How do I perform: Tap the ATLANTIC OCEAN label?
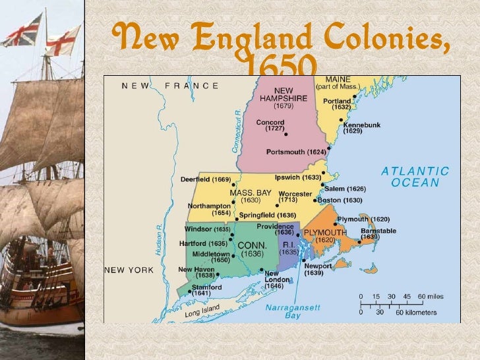tap(415, 177)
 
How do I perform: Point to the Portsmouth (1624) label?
tap(295, 152)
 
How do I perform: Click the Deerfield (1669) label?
tap(206, 179)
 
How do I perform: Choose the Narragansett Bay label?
tap(284, 311)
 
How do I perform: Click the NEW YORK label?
tap(129, 270)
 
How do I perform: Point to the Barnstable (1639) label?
tap(378, 235)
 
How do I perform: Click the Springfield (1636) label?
tap(267, 216)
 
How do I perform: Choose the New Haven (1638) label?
tap(196, 273)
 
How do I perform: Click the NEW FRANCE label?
tap(170, 86)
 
